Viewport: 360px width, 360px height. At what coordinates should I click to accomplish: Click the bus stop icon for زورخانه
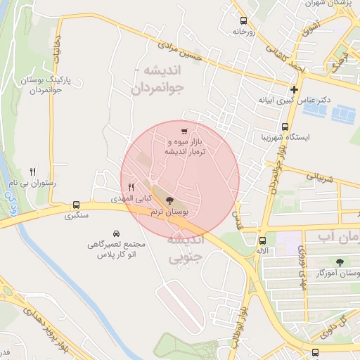pos(243,20)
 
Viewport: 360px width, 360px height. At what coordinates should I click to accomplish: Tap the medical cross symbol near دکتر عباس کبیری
pos(294,89)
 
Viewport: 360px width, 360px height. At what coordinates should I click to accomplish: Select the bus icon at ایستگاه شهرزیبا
pos(285,127)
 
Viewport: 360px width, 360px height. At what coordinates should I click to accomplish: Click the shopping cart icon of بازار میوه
pos(184,131)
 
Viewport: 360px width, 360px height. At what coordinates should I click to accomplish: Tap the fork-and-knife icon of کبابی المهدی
pos(131,188)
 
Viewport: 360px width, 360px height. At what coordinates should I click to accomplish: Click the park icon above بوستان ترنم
pos(169,200)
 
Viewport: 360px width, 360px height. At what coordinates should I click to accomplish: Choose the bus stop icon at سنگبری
pos(75,205)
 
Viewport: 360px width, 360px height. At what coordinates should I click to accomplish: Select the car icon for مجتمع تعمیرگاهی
pos(115,233)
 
